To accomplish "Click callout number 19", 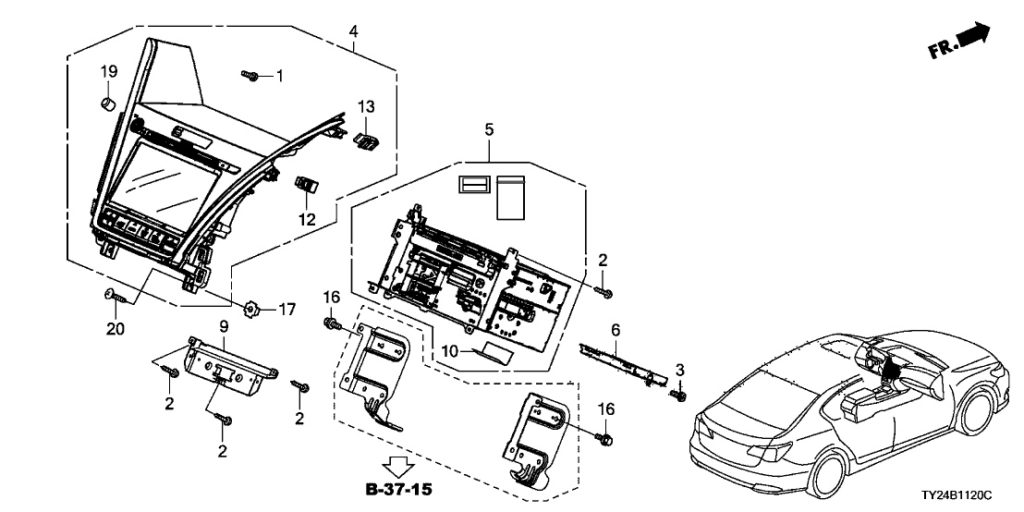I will coord(109,71).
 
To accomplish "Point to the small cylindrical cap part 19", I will coord(107,100).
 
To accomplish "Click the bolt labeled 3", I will coord(677,396).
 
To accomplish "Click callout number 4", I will coord(354,32).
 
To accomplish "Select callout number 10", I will coord(450,350).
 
